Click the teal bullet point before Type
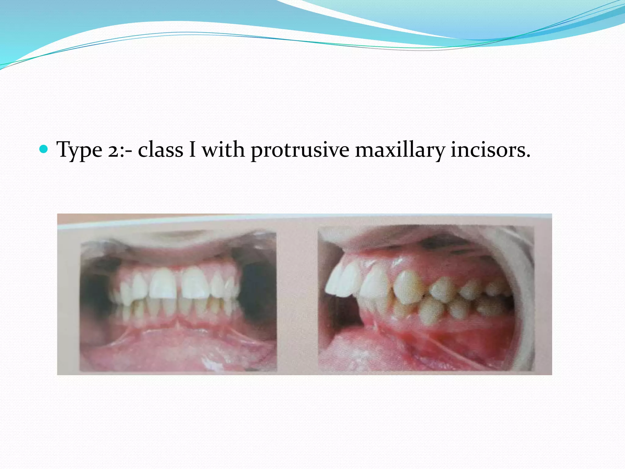(x=44, y=149)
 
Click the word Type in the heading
(x=79, y=150)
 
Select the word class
(x=160, y=150)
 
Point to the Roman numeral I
(x=192, y=150)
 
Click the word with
(x=223, y=150)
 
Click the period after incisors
(x=528, y=156)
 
